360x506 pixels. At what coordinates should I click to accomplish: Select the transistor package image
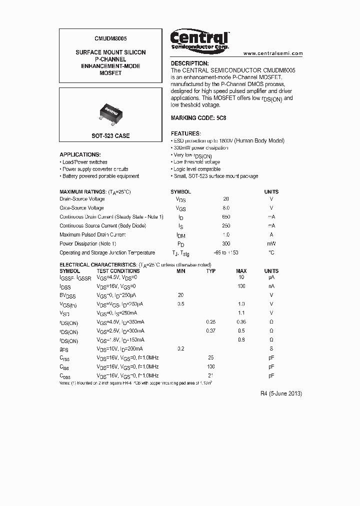click(110, 111)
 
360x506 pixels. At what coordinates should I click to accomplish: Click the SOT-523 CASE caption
click(110, 136)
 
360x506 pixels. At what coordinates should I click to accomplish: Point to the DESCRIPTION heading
click(189, 63)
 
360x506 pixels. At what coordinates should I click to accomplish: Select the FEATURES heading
click(185, 134)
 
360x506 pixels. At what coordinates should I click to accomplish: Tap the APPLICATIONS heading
click(80, 155)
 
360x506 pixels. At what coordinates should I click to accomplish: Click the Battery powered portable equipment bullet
click(100, 176)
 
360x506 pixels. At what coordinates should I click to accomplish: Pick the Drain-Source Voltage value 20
click(226, 199)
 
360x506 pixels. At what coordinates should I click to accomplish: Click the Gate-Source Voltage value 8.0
click(226, 207)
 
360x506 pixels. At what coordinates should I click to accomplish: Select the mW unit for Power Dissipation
click(271, 243)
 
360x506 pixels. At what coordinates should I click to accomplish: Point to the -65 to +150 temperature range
click(226, 253)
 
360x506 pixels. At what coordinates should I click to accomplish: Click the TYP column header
click(211, 271)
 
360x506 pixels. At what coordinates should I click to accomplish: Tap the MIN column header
click(180, 271)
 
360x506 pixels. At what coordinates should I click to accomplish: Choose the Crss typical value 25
click(211, 357)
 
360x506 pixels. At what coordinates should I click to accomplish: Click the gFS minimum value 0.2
click(180, 348)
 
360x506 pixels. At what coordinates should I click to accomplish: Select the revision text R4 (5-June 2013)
click(281, 393)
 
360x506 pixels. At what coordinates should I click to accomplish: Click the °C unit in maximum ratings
click(271, 253)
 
